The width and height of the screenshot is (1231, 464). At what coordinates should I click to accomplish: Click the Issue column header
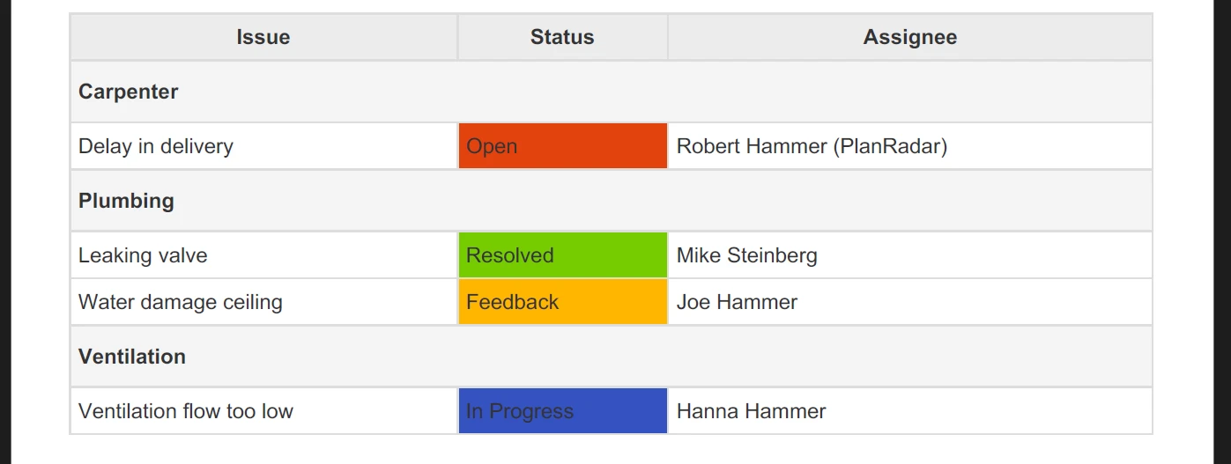tap(263, 37)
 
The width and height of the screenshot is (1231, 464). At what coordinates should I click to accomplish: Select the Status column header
tap(562, 37)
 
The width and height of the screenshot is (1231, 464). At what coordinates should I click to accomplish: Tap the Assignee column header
tap(910, 37)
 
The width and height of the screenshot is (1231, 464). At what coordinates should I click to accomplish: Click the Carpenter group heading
tap(128, 92)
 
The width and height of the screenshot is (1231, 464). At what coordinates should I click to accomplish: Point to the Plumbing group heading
tap(126, 201)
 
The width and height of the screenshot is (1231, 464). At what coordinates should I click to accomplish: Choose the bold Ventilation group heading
tap(132, 357)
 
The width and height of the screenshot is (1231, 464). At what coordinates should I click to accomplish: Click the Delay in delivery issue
tap(155, 147)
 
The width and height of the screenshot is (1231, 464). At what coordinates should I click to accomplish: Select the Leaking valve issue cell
tap(143, 255)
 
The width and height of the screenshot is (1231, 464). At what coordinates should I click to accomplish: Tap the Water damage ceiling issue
tap(181, 302)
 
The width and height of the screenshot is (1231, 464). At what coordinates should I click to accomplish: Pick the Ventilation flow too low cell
tap(186, 411)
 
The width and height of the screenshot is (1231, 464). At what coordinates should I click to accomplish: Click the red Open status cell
tap(563, 146)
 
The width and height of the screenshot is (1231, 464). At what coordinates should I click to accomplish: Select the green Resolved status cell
tap(563, 255)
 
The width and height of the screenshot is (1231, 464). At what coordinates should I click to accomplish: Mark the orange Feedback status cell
tap(563, 301)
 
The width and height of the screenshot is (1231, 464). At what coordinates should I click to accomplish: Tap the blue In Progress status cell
tap(563, 411)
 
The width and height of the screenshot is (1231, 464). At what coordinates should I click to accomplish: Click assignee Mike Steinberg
tap(747, 255)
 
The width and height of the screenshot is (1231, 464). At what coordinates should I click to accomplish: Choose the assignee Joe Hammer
tap(737, 302)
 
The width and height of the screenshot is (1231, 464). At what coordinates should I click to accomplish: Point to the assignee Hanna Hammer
tap(752, 411)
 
